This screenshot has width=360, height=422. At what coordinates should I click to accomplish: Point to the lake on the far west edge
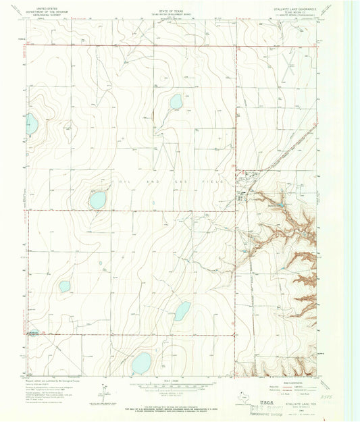pos(30,123)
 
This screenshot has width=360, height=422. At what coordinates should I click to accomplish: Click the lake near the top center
pos(176,101)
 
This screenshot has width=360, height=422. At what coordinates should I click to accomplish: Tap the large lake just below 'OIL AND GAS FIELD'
pos(98,200)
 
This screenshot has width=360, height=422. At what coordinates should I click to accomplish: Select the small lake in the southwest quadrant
pos(65,286)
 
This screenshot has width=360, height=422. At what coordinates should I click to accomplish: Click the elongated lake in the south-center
pos(182,311)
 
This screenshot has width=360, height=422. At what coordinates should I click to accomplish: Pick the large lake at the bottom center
pos(142,363)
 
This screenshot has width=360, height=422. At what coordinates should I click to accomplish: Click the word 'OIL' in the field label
pos(122,182)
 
